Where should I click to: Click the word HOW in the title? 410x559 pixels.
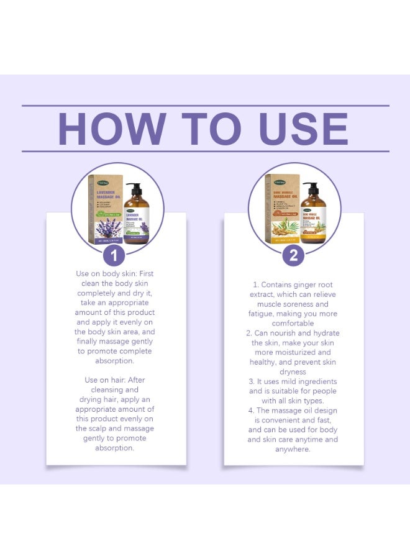coord(112,129)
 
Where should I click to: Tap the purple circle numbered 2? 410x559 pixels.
coord(293,255)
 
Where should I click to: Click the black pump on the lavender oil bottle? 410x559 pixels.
coord(133,188)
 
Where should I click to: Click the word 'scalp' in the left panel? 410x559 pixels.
coord(102,429)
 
